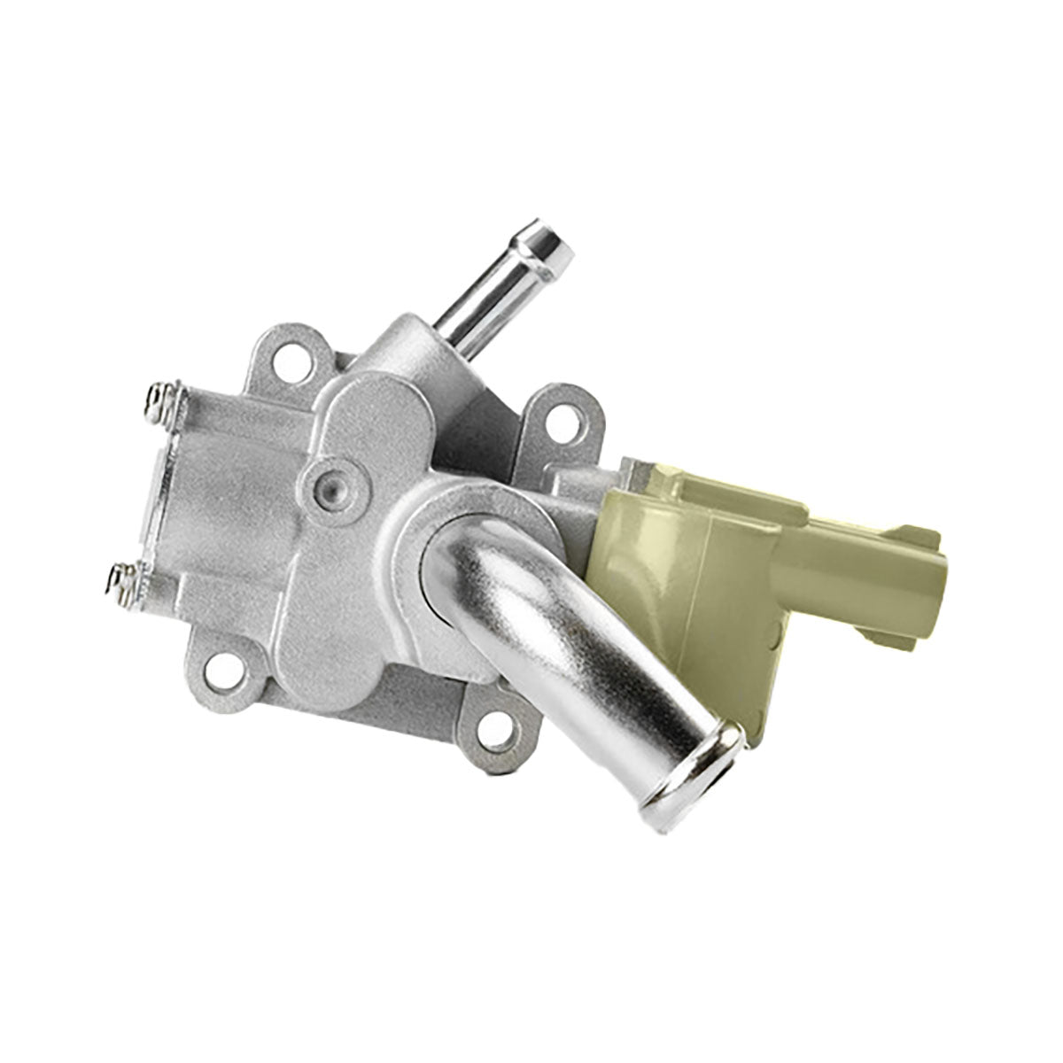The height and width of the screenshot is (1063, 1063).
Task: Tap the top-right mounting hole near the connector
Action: pyautogui.click(x=559, y=415)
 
